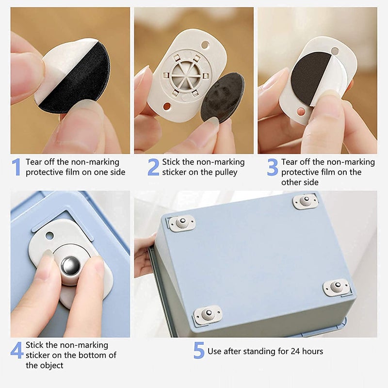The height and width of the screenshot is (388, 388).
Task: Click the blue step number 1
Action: tap(16, 167)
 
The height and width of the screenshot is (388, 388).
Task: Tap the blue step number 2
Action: tap(153, 167)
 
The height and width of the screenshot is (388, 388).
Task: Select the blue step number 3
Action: tap(273, 167)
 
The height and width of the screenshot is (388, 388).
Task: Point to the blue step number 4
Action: tap(17, 350)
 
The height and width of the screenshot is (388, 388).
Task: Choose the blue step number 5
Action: tap(199, 350)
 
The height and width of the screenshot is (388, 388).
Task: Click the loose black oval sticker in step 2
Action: tap(223, 97)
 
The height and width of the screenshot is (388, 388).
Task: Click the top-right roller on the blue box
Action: tap(306, 201)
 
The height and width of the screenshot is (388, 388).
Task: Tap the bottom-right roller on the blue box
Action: tap(337, 287)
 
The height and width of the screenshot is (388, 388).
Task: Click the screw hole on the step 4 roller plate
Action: tap(49, 236)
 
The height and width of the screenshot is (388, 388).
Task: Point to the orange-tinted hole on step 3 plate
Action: tap(301, 112)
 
